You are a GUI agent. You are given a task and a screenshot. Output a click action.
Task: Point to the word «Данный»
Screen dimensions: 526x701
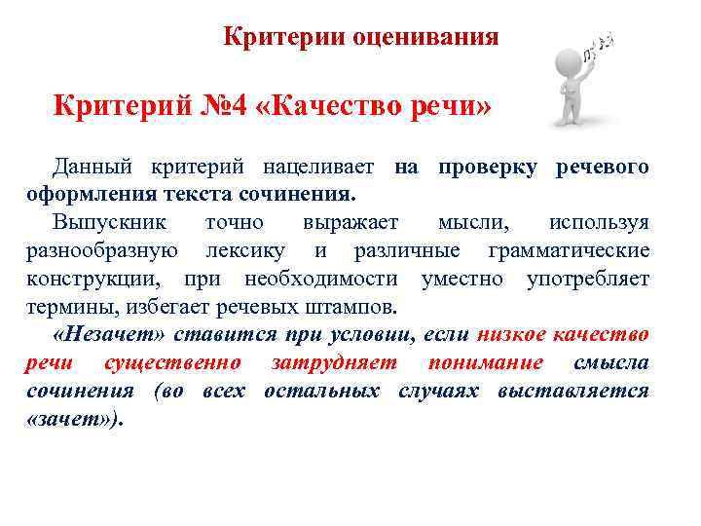(x=92, y=168)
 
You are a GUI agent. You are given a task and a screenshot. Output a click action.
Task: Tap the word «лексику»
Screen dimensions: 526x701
(x=244, y=251)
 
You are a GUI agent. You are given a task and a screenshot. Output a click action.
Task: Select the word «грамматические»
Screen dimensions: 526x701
(x=569, y=251)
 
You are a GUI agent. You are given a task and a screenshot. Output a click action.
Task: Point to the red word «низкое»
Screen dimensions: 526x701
(x=511, y=336)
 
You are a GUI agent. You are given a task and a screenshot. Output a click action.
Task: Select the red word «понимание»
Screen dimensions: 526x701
(x=484, y=363)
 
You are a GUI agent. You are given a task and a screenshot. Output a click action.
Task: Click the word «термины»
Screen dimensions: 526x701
(x=67, y=308)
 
